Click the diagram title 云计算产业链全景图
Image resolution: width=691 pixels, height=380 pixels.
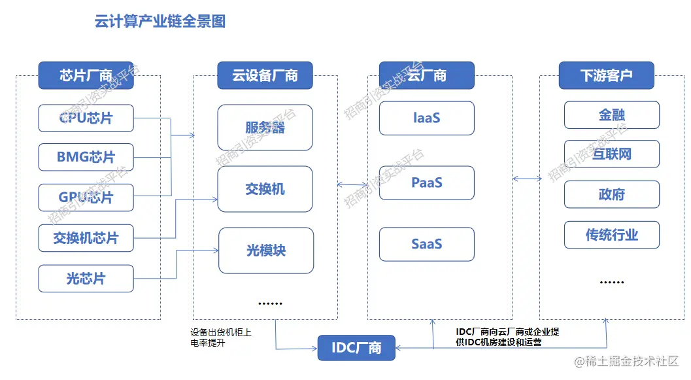[160, 22]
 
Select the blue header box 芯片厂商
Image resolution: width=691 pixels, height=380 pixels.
[86, 75]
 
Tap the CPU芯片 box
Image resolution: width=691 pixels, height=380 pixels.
[86, 118]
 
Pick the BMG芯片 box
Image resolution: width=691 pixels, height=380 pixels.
[86, 157]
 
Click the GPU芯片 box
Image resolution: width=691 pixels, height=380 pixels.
[86, 197]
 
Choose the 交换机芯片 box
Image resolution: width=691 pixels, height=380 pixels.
[86, 238]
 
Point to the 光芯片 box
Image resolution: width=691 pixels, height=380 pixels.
[86, 279]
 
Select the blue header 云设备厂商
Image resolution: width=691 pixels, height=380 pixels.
[265, 75]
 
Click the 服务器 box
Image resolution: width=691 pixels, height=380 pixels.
[265, 128]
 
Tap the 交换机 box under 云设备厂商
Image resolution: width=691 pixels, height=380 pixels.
[265, 189]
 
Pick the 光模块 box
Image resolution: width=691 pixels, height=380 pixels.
[265, 250]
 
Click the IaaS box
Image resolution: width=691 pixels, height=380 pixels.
[426, 118]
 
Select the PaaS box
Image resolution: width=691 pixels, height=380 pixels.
[426, 182]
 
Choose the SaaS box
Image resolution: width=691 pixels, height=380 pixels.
[426, 244]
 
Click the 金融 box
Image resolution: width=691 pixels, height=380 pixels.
[611, 115]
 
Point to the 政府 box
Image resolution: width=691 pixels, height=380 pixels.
[611, 194]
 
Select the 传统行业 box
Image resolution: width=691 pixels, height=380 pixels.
[611, 235]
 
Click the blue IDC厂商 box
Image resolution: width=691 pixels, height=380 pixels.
[356, 347]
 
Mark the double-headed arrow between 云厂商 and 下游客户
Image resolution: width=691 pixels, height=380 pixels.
[527, 179]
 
